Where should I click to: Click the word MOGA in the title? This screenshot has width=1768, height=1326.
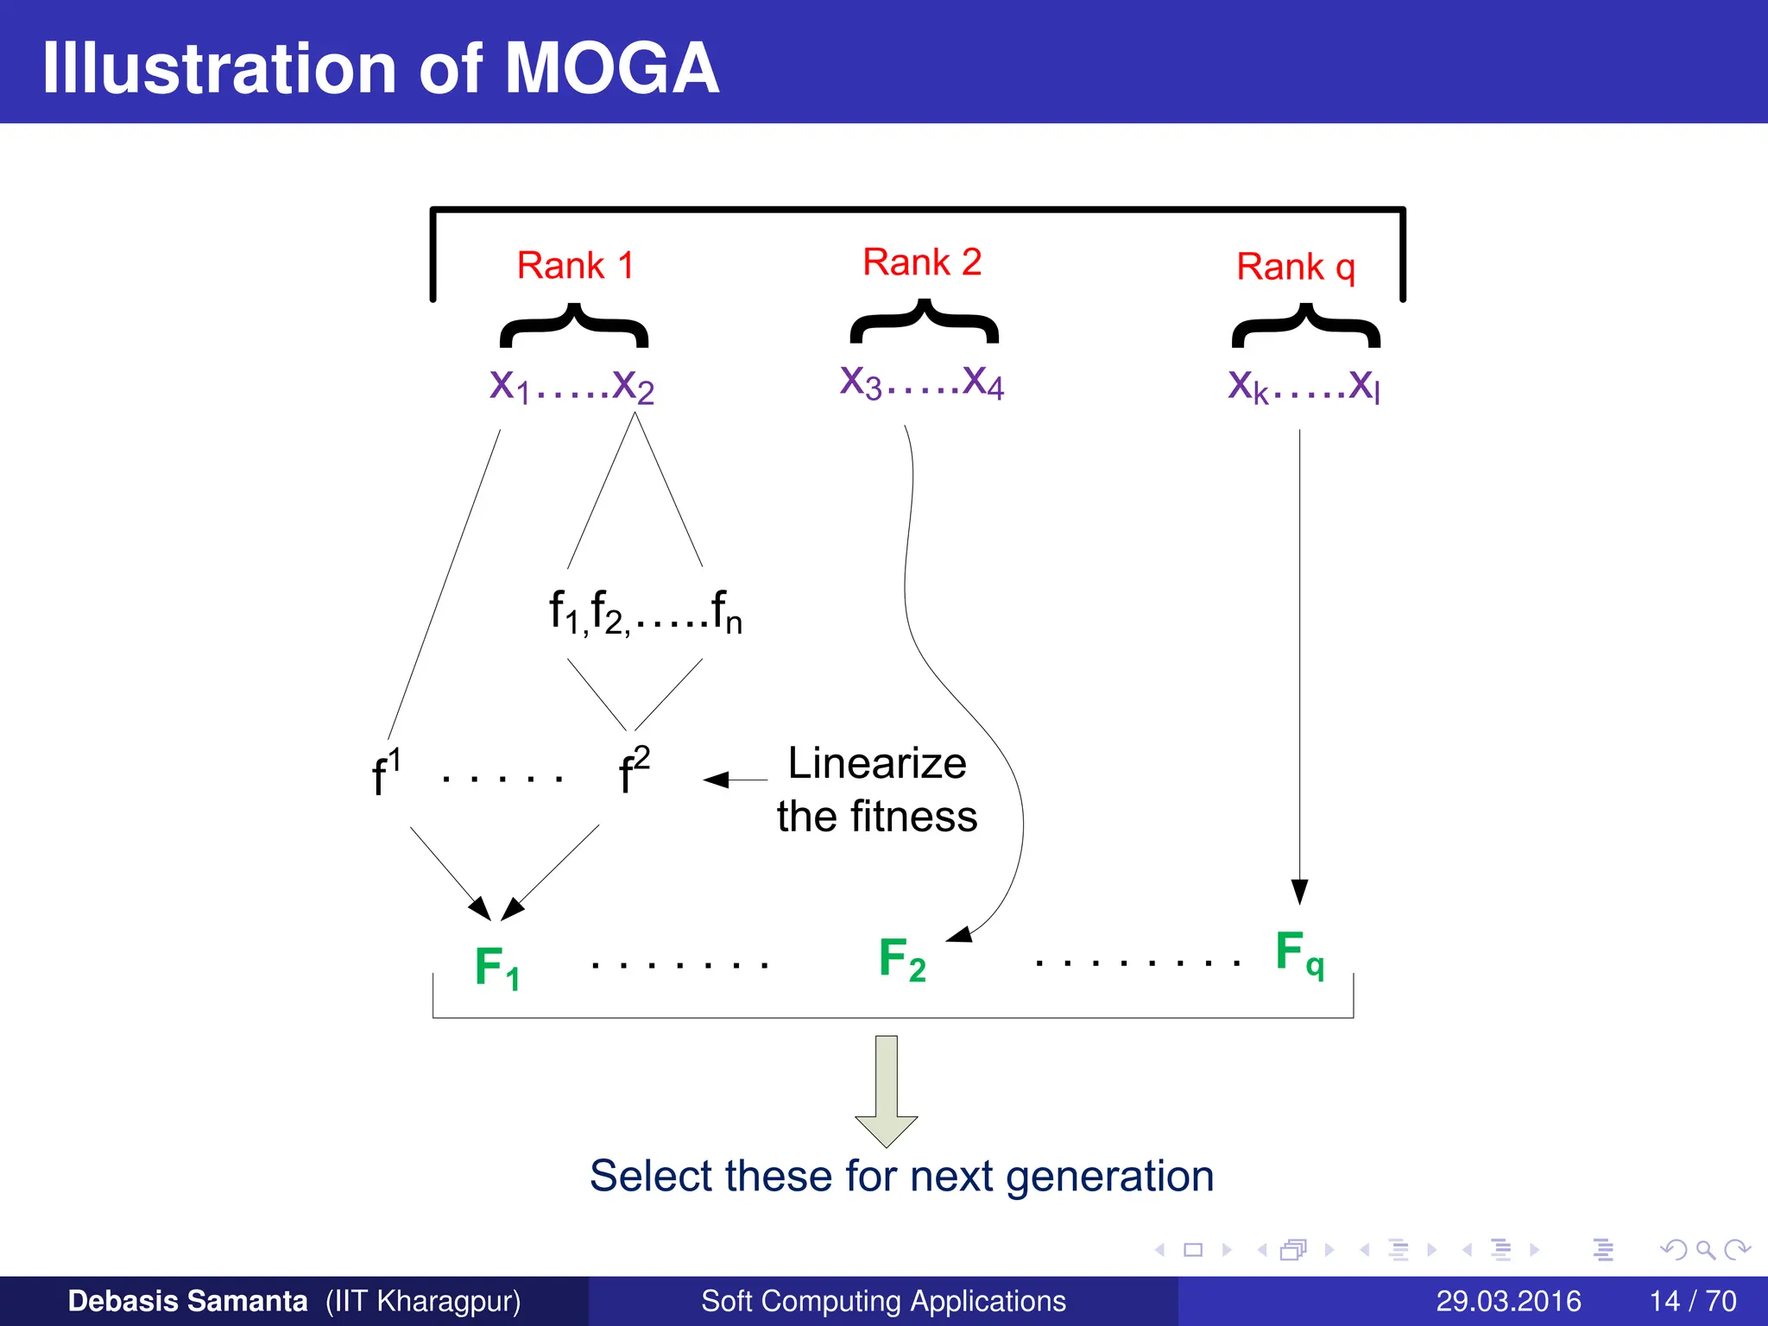point(611,68)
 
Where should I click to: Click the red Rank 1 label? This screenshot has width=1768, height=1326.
point(575,265)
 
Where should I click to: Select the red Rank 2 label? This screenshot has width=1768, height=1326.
point(922,262)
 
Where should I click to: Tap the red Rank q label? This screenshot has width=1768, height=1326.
point(1295,267)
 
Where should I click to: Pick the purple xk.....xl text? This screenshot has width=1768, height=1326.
point(1304,385)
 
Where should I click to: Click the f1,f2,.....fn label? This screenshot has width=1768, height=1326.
point(645,611)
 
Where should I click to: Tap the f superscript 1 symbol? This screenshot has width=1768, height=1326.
point(385,771)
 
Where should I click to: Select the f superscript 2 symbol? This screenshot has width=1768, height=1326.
point(634,769)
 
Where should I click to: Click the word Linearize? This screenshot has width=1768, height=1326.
point(876,763)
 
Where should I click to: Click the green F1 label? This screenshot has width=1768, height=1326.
point(497,967)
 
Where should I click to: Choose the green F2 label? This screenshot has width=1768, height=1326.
point(902,959)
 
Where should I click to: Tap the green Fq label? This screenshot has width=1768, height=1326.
point(1299,953)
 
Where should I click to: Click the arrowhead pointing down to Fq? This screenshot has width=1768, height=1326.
point(1299,892)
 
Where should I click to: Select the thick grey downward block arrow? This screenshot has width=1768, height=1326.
point(886,1090)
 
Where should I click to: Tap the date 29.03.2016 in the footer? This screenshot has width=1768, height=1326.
point(1507,1301)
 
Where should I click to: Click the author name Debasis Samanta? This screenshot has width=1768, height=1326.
point(187,1301)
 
